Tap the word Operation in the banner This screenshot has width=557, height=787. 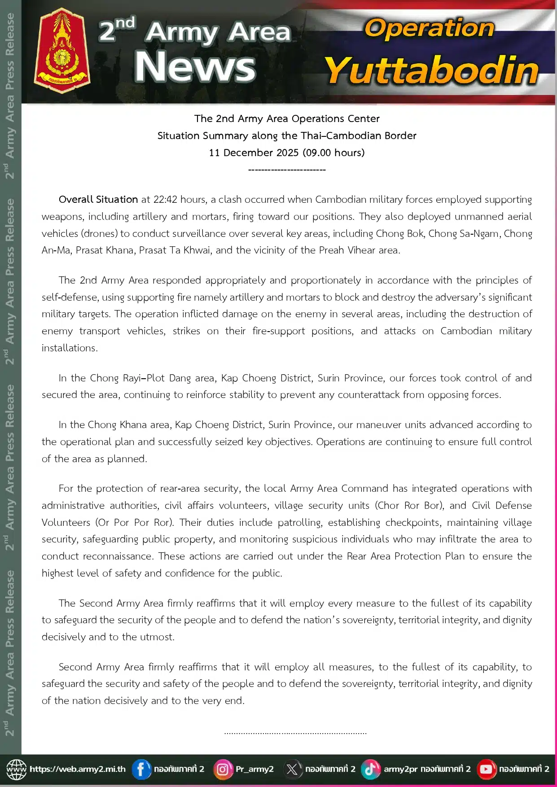[x=429, y=29]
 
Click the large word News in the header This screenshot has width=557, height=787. [x=195, y=66]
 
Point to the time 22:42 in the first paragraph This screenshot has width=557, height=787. [x=166, y=199]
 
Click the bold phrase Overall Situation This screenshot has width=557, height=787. [x=98, y=199]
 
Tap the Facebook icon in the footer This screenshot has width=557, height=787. [x=141, y=769]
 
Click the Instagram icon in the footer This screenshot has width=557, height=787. [x=223, y=769]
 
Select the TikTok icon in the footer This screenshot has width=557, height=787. [x=371, y=769]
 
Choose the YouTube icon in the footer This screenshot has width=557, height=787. [x=486, y=769]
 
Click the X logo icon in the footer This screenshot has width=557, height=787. [x=292, y=769]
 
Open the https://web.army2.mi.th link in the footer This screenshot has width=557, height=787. [x=78, y=769]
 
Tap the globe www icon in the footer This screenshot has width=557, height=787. [x=17, y=769]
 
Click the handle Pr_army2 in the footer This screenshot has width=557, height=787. [x=254, y=769]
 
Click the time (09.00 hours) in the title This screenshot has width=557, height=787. [x=333, y=153]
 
